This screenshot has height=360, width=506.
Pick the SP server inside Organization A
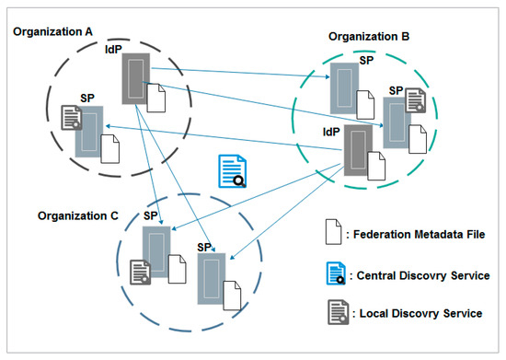(89, 132)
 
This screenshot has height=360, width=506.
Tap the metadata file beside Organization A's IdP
(155, 95)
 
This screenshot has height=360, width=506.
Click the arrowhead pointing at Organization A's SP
(107, 126)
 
